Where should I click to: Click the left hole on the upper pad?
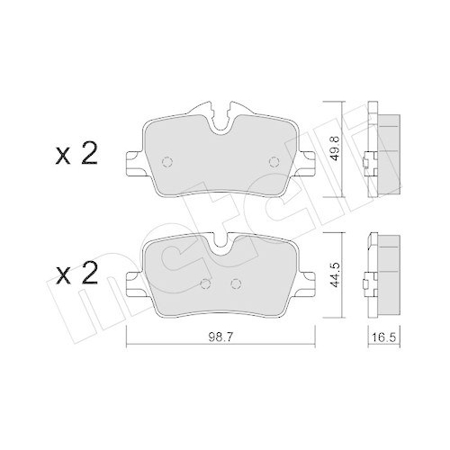tap(166, 163)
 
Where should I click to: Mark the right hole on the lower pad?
tap(237, 284)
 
